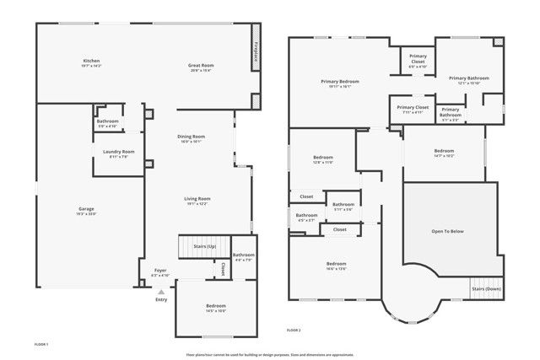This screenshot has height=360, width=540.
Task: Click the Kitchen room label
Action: (x=91, y=61)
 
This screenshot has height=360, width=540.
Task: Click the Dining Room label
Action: (x=191, y=137)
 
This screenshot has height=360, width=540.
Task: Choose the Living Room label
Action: (x=197, y=199)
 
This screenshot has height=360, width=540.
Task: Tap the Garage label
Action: (x=86, y=208)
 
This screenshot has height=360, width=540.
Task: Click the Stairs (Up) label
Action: (x=205, y=247)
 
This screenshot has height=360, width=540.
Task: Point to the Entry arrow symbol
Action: (x=161, y=292)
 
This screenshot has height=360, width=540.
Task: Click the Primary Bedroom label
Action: (x=341, y=82)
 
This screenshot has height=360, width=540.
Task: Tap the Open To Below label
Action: (x=447, y=231)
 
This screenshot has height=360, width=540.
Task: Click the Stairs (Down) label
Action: (x=486, y=288)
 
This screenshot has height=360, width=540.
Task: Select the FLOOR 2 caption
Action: (x=294, y=329)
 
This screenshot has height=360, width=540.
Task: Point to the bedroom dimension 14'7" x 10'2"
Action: (x=444, y=156)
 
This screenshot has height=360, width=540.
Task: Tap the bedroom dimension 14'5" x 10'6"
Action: (x=216, y=311)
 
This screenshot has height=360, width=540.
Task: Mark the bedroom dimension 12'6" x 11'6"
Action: (x=323, y=162)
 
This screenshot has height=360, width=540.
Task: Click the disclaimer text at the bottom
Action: (x=270, y=355)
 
